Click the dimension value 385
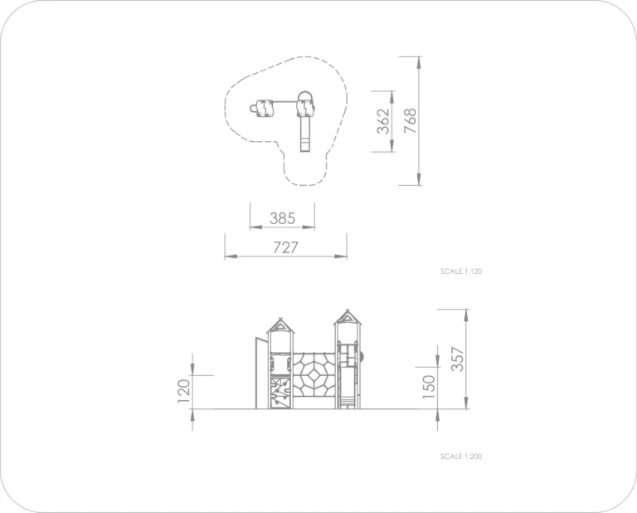pos(282,218)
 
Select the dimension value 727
pos(285,247)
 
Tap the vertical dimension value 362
pos(383,121)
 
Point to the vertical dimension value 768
pos(411,120)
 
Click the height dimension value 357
pos(458,359)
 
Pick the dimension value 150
pos(429,387)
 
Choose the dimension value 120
pos(183,391)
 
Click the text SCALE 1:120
pos(461,271)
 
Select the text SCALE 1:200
pos(461,457)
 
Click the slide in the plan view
pos(305,134)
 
